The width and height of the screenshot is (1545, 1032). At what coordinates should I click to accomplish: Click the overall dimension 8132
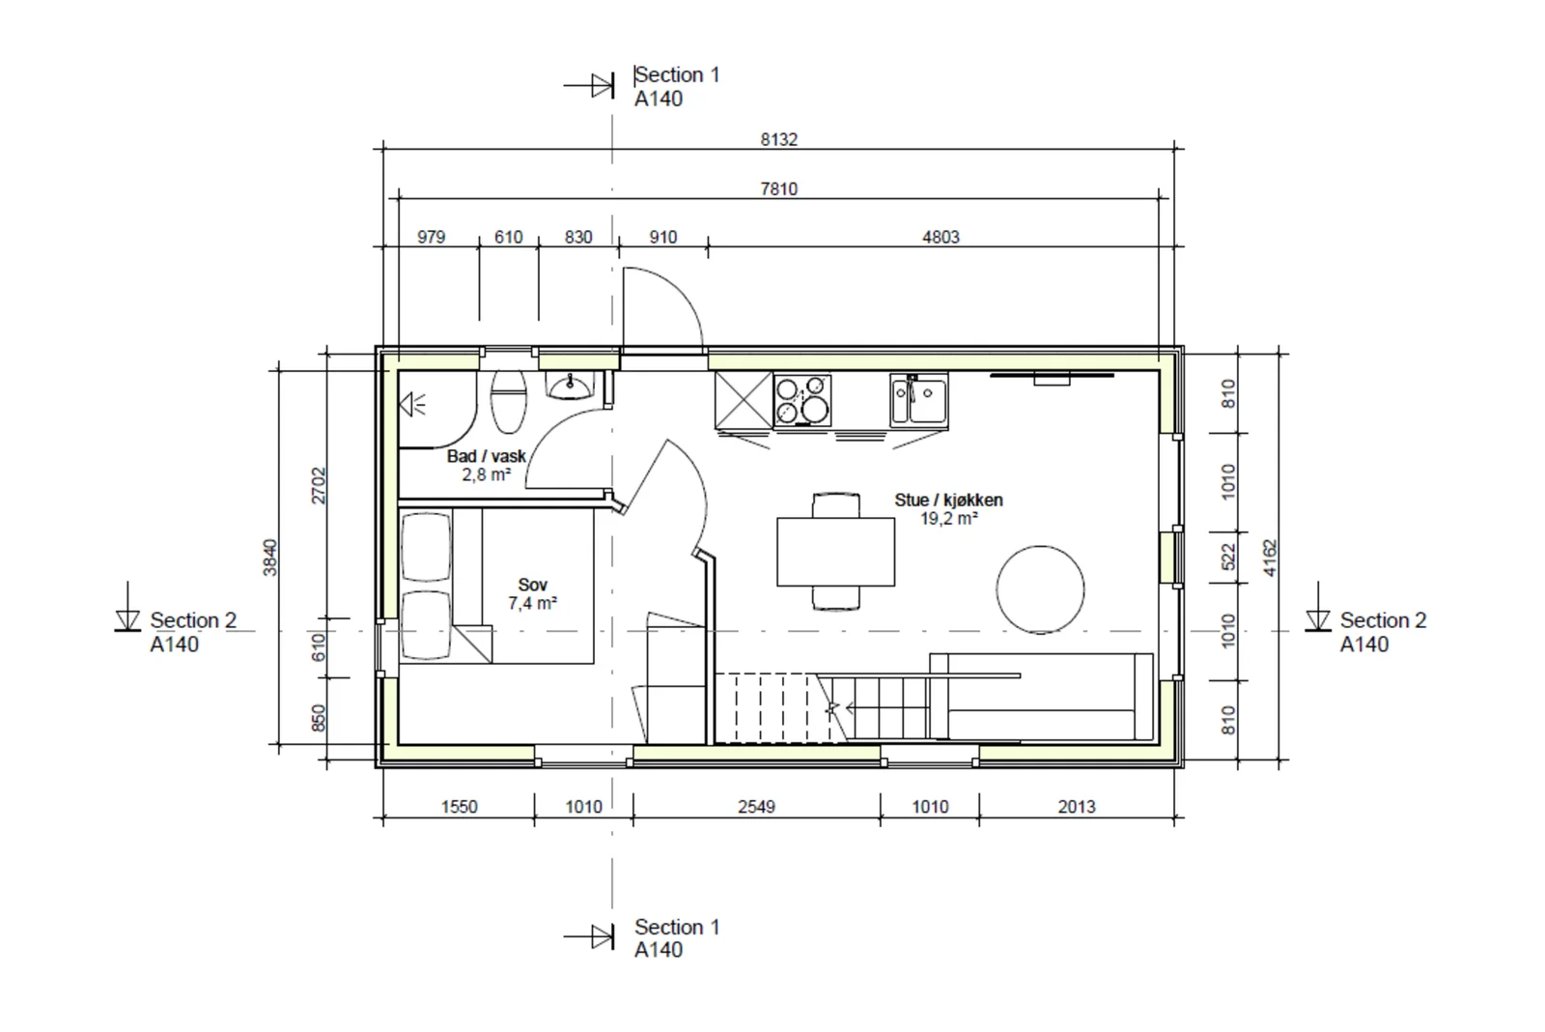pos(778,139)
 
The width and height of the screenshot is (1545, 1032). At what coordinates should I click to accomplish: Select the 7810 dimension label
pos(778,188)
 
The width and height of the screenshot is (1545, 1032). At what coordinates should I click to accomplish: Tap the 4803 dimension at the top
pos(941,237)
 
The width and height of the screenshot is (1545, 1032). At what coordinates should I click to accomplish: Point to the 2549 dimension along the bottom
pos(757,806)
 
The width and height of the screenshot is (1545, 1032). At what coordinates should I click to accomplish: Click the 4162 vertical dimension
pos(1270,558)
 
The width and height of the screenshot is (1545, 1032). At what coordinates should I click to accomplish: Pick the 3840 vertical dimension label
pos(269,558)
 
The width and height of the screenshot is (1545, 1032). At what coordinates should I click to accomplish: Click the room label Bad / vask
pos(487,456)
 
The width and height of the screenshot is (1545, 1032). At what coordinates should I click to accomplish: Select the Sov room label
pos(532,585)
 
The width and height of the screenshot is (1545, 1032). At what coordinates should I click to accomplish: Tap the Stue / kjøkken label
pos(948,500)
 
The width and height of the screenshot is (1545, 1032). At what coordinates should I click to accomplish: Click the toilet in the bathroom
pos(508,402)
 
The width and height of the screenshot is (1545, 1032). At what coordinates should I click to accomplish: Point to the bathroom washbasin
pos(570,386)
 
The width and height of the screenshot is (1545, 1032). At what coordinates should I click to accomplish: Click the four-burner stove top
pos(802,400)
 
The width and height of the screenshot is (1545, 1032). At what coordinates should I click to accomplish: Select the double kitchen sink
pos(918,400)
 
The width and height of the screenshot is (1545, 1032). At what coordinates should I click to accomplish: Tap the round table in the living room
pos(1040,589)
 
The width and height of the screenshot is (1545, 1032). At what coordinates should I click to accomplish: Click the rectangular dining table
pos(836,553)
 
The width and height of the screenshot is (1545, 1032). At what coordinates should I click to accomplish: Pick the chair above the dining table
pos(836,505)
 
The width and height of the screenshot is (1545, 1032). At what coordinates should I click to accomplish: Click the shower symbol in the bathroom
pos(412,404)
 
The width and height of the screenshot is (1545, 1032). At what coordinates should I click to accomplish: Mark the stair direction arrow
pos(840,707)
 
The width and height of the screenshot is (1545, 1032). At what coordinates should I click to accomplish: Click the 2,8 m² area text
pos(487,474)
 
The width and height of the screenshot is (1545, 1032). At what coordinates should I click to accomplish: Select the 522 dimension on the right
pos(1228,558)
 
